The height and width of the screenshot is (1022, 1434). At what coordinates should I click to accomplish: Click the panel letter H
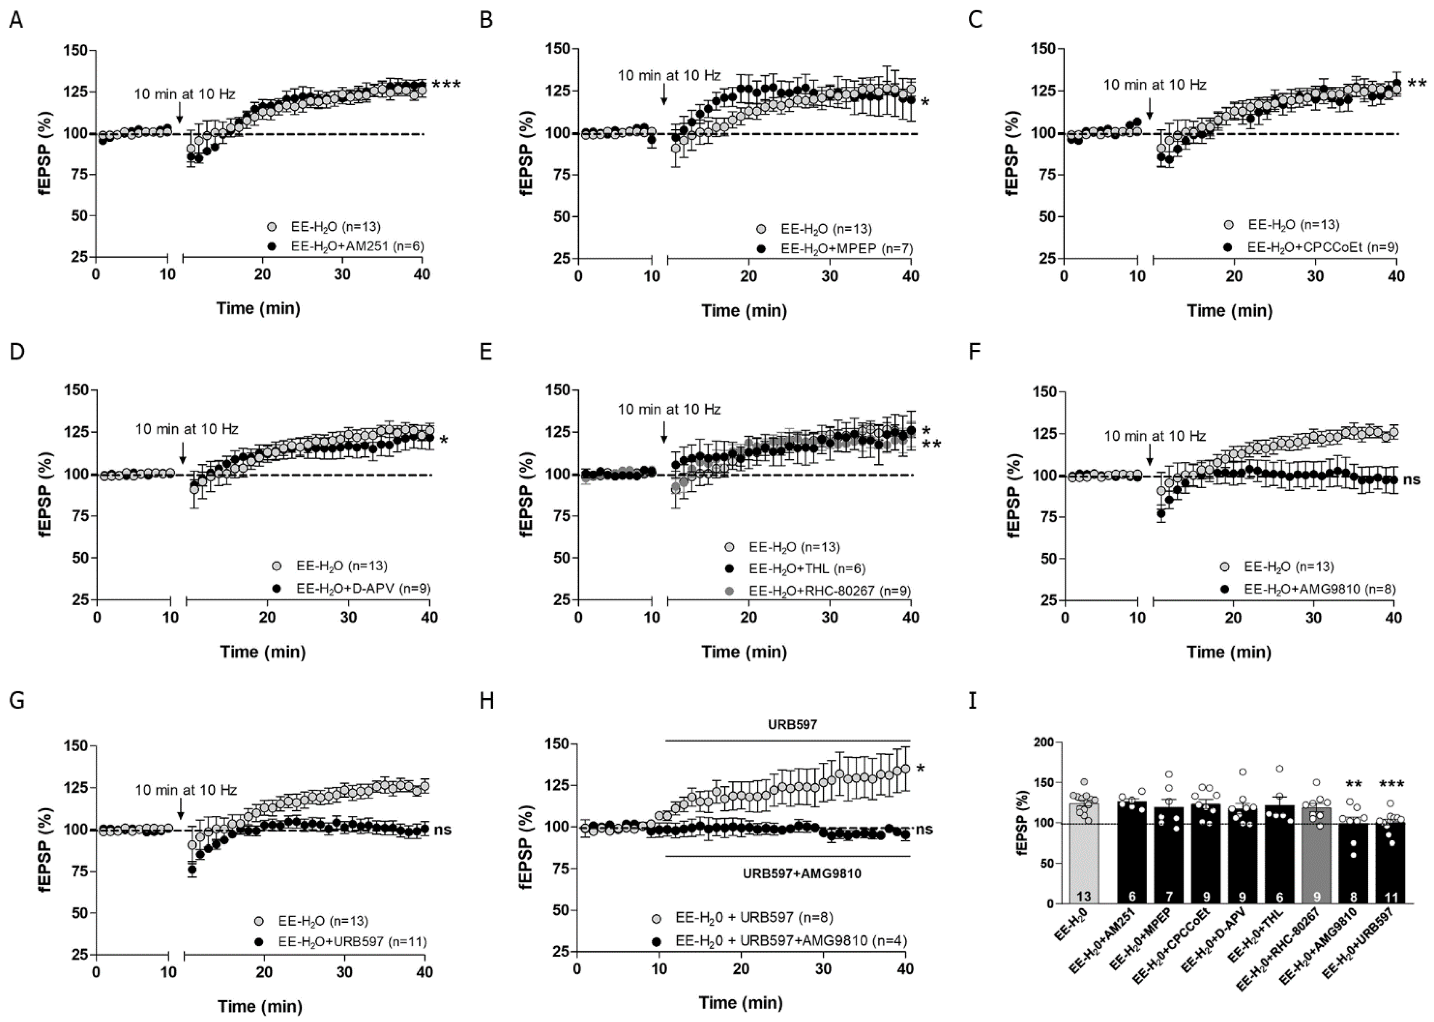click(x=486, y=700)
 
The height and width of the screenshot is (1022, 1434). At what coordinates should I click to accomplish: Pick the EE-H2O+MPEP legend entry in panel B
click(x=846, y=249)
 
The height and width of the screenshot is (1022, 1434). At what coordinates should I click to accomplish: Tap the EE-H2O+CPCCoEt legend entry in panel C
click(x=1322, y=247)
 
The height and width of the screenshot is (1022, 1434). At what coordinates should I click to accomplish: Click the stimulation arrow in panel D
click(x=182, y=452)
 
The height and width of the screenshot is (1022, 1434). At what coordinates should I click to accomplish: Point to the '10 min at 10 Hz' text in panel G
click(x=186, y=789)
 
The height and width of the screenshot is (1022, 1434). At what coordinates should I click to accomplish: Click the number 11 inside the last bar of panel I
click(x=1391, y=897)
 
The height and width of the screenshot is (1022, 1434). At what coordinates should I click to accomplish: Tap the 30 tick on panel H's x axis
click(x=823, y=969)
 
